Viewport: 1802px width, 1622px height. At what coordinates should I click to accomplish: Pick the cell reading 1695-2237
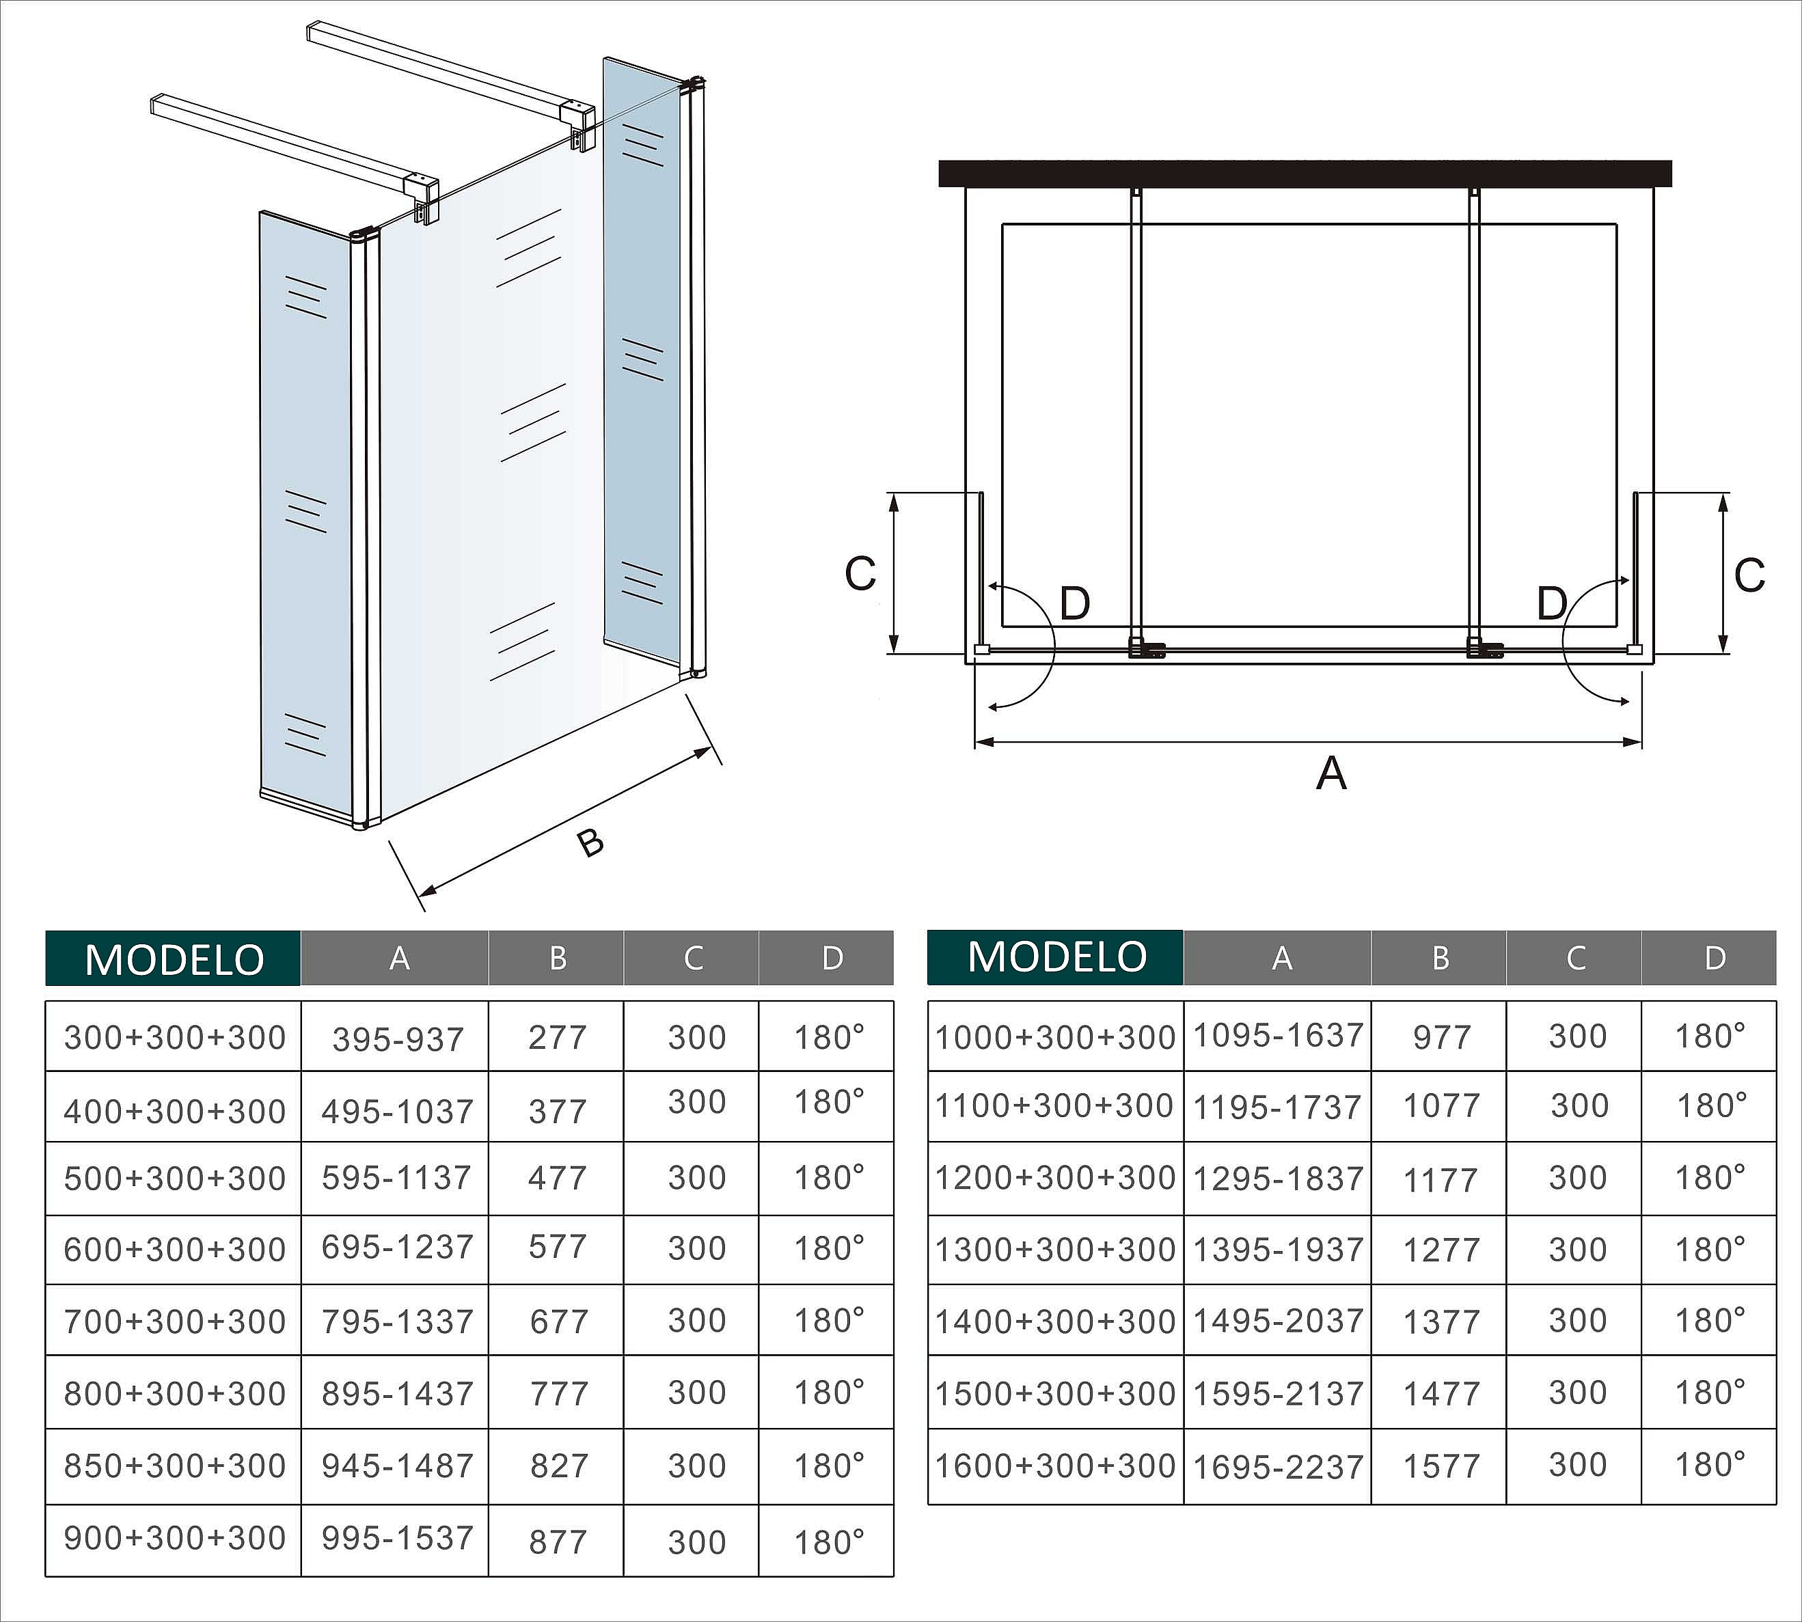click(x=1278, y=1467)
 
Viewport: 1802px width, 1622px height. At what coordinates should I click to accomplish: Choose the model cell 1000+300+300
click(x=1055, y=1037)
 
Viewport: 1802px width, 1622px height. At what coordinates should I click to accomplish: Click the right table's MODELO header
click(x=1056, y=957)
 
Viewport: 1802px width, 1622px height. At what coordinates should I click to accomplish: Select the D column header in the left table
click(x=832, y=958)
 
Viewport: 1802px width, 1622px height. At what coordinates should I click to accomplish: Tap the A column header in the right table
click(x=1281, y=958)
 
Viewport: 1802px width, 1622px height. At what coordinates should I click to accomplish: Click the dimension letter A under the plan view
click(x=1330, y=773)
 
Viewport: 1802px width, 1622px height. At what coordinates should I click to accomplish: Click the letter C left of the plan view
click(x=860, y=574)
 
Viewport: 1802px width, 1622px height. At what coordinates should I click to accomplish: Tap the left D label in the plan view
click(x=1075, y=604)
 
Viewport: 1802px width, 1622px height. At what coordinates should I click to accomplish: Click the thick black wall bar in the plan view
click(x=1305, y=174)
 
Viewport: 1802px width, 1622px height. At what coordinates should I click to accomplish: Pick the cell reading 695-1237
click(x=398, y=1247)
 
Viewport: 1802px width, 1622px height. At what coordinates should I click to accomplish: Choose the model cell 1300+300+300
click(x=1055, y=1250)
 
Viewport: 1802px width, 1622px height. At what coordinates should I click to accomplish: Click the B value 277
click(x=558, y=1037)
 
